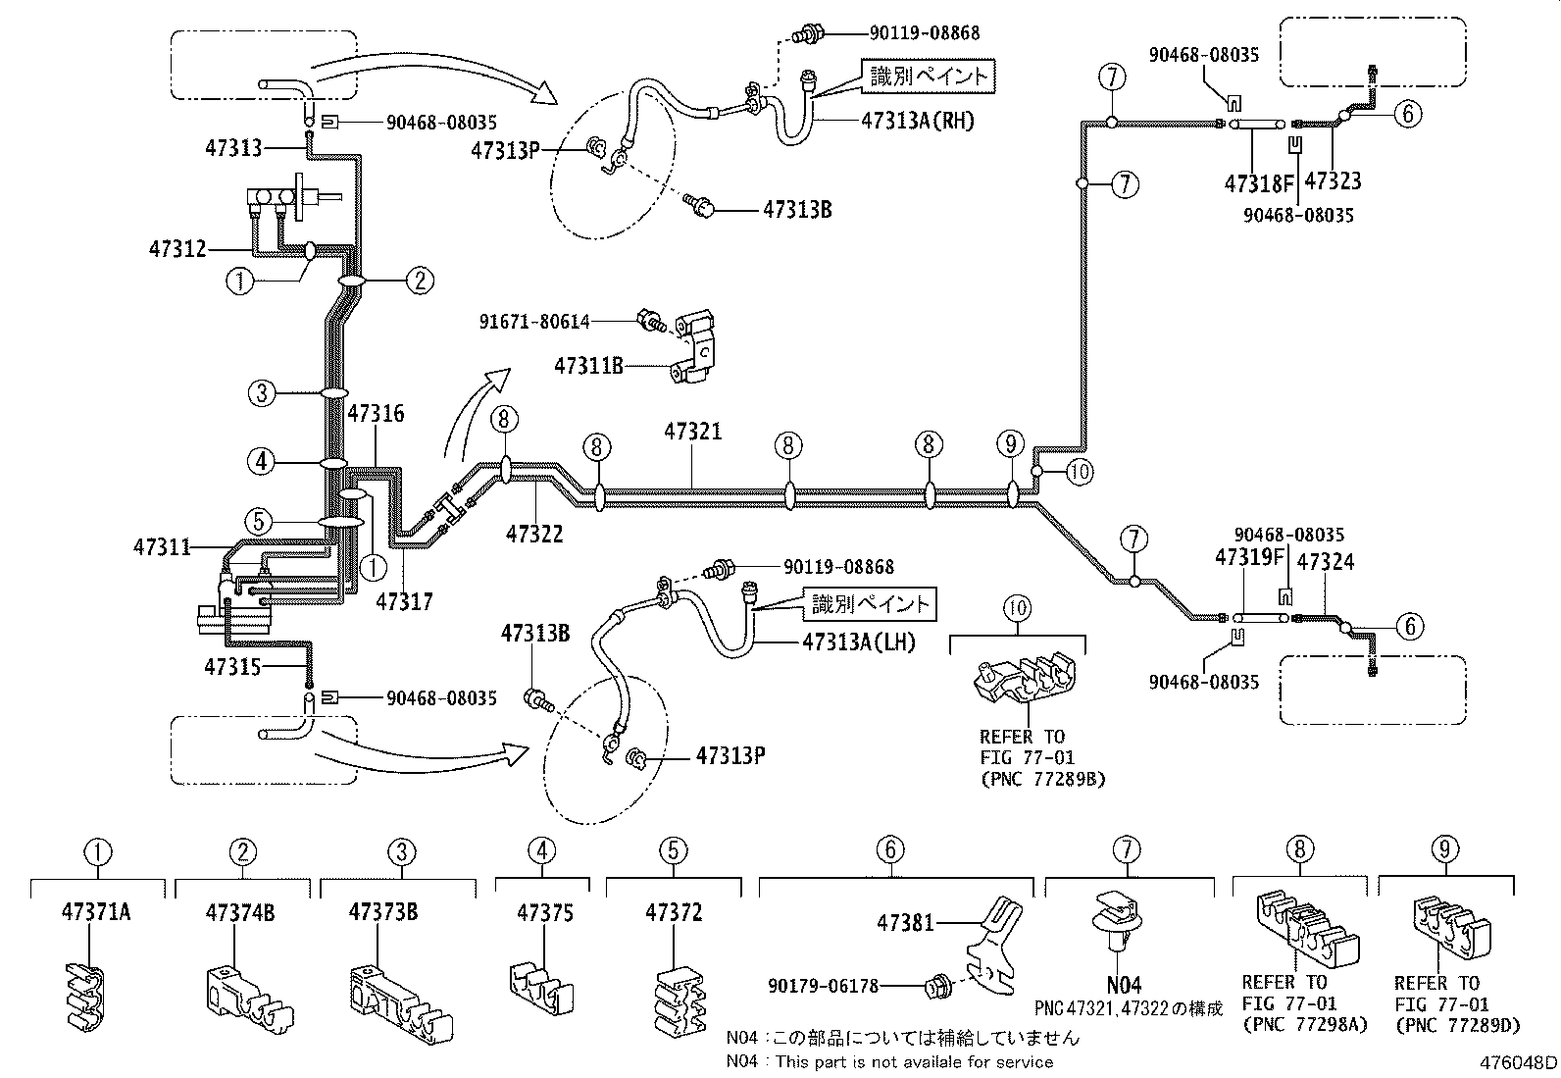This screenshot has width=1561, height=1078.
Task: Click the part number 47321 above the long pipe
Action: click(692, 431)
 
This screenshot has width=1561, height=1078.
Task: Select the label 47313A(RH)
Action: click(918, 122)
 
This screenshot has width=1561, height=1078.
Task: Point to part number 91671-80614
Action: click(535, 320)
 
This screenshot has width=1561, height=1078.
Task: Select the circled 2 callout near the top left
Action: click(420, 282)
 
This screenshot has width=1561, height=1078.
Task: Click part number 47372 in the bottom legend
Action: click(674, 912)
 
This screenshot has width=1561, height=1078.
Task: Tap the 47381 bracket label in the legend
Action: click(905, 922)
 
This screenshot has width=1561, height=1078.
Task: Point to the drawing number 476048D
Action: click(1519, 1062)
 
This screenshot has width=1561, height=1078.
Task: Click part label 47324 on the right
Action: click(1326, 561)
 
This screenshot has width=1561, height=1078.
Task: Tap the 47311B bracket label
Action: click(588, 366)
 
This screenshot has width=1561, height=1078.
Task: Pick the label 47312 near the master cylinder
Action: click(177, 248)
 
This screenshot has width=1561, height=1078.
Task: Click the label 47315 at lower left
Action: click(232, 667)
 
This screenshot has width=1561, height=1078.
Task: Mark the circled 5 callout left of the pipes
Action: click(260, 521)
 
